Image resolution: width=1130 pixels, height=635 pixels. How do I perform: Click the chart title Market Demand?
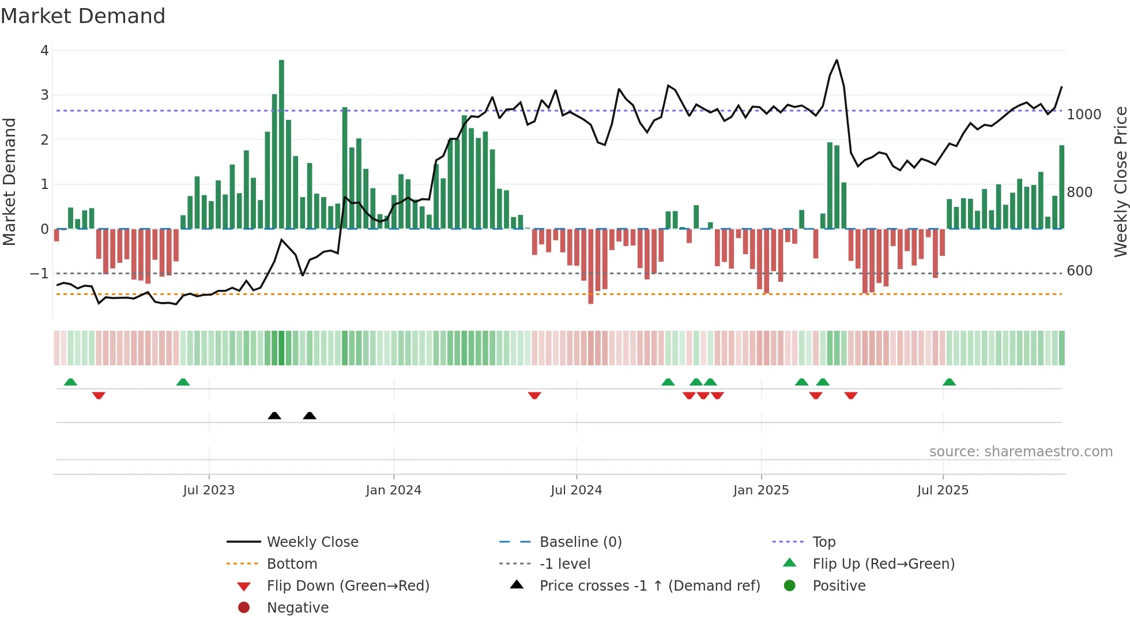(x=83, y=16)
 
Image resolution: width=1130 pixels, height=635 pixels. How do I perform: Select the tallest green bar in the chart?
(x=281, y=144)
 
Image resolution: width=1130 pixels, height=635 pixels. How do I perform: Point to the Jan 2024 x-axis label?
(x=393, y=490)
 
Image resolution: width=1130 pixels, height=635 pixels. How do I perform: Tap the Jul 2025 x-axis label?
(x=943, y=490)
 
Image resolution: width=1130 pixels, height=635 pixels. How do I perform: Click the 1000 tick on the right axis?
(x=1084, y=115)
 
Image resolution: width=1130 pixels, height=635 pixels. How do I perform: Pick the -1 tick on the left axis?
(x=39, y=273)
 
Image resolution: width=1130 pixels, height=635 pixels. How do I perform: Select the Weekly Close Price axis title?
(x=1120, y=182)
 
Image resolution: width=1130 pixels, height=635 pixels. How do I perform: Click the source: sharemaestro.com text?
(x=1020, y=452)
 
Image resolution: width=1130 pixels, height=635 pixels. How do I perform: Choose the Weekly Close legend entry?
(x=312, y=542)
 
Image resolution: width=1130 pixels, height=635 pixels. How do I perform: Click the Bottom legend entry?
(x=292, y=564)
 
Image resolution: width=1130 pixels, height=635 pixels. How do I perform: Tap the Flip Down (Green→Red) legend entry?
(x=348, y=586)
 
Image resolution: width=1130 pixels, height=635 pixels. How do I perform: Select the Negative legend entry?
(x=297, y=608)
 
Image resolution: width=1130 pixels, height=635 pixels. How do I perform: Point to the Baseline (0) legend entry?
(x=580, y=542)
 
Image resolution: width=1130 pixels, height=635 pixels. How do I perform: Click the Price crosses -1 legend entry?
(x=649, y=586)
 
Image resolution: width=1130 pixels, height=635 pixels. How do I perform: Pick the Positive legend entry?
(x=839, y=586)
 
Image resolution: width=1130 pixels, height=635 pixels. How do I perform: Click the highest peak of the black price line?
(x=837, y=61)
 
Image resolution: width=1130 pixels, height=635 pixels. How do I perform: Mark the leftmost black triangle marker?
(x=274, y=415)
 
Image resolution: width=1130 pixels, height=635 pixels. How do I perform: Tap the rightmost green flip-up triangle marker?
(x=949, y=382)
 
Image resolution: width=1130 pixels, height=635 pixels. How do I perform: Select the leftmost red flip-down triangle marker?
(x=99, y=395)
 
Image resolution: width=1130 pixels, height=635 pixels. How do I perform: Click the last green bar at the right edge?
(x=1061, y=187)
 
